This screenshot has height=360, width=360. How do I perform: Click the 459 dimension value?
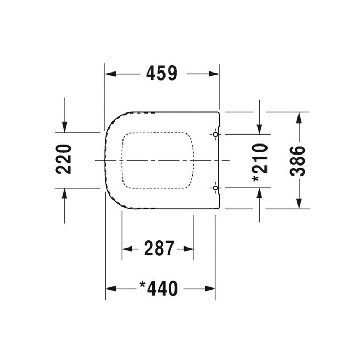161,74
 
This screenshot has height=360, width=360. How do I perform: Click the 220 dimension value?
64,159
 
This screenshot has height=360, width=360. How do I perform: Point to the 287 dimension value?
159,248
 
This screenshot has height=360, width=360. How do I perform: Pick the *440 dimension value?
159,288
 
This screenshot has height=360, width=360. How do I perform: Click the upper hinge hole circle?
215,135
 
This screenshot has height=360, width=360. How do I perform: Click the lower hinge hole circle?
215,187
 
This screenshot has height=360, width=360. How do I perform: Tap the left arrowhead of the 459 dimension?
110,74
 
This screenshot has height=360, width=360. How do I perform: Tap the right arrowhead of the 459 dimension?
213,74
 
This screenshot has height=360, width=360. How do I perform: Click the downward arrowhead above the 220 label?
64,126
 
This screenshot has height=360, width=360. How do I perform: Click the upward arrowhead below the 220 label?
64,193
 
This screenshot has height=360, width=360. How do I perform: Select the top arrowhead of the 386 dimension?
299,117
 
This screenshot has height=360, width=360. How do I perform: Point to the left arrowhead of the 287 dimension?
128,248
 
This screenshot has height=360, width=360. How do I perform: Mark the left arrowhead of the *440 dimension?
111,288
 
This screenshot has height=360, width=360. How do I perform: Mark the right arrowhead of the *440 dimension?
210,288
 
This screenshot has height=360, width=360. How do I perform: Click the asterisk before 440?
142,284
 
